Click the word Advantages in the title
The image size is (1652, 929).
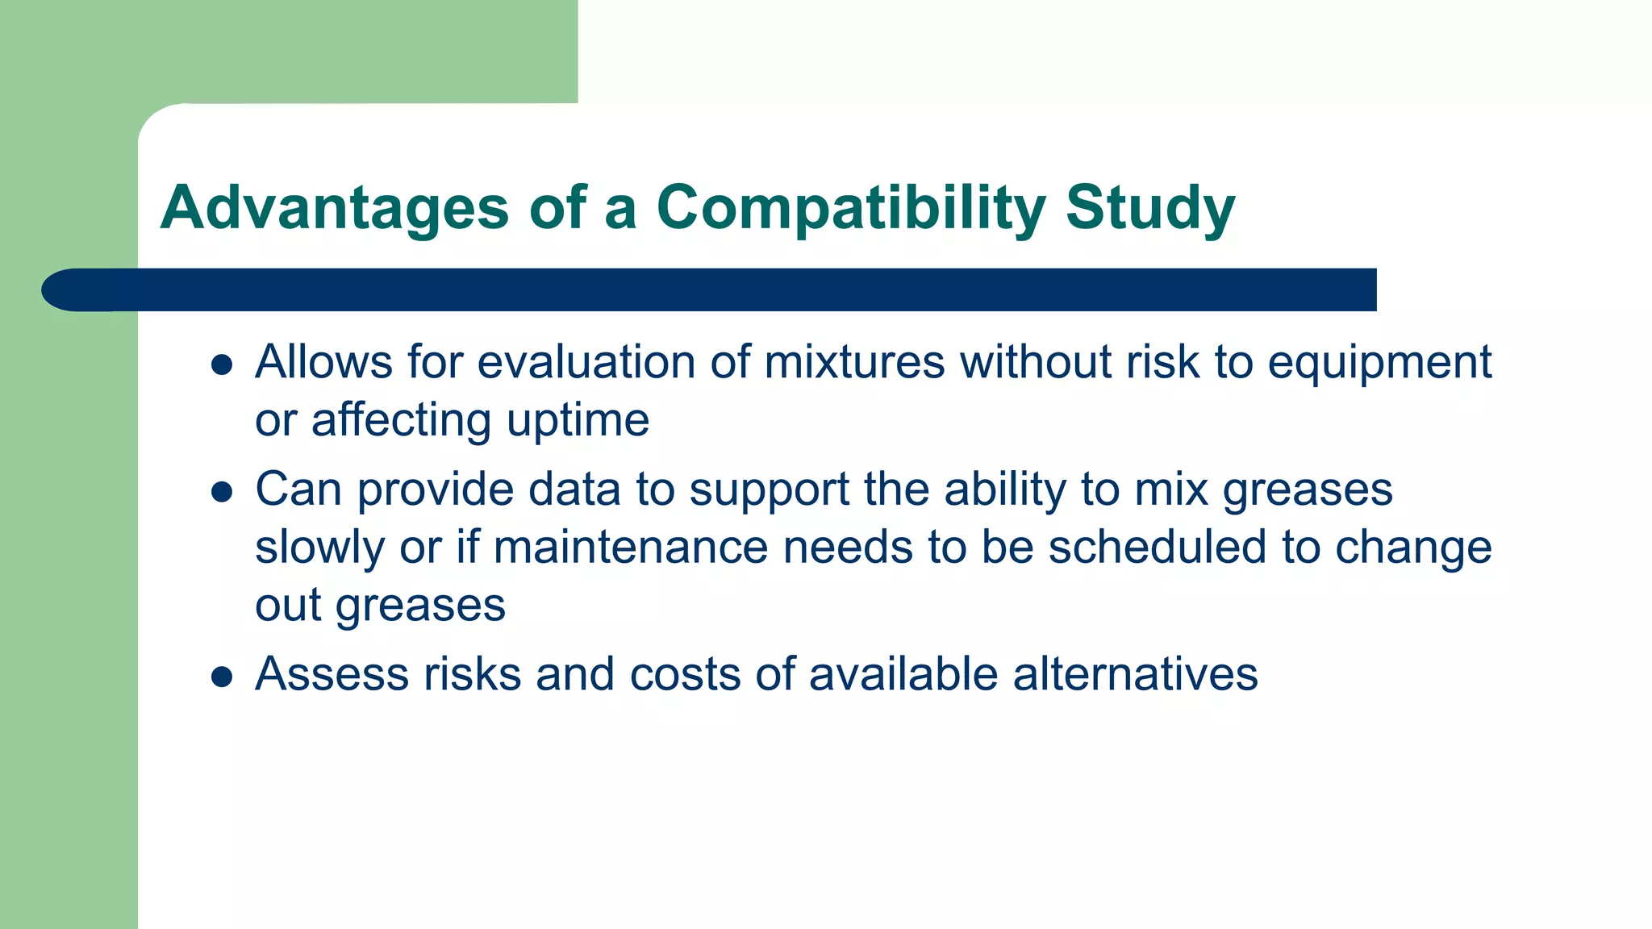pyautogui.click(x=335, y=208)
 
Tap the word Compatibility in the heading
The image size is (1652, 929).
pyautogui.click(x=850, y=208)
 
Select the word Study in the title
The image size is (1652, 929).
pyautogui.click(x=1149, y=208)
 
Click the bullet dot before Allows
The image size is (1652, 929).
pyautogui.click(x=222, y=365)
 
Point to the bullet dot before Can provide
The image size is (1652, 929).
pyautogui.click(x=222, y=492)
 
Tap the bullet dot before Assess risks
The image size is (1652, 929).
pyautogui.click(x=222, y=677)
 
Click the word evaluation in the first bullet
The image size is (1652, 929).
pyautogui.click(x=586, y=362)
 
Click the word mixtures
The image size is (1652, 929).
pyautogui.click(x=854, y=362)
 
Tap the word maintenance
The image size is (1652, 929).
pyautogui.click(x=630, y=548)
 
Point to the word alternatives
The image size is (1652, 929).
pyautogui.click(x=1135, y=674)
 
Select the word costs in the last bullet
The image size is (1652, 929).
pyautogui.click(x=684, y=674)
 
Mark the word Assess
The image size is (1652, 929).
pyautogui.click(x=332, y=674)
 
